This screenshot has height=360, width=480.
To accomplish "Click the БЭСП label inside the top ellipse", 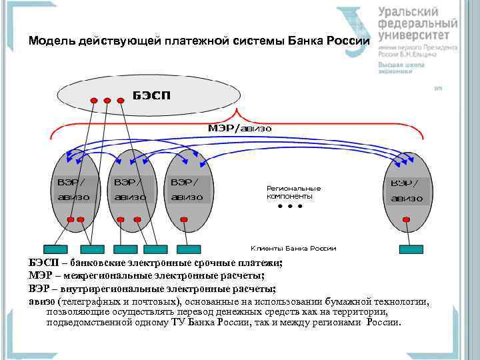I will click(x=151, y=95).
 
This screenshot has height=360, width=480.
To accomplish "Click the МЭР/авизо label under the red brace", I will click(x=239, y=127).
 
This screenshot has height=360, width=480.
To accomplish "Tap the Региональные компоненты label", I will click(x=293, y=192).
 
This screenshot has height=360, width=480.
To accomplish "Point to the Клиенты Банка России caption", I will click(x=293, y=248).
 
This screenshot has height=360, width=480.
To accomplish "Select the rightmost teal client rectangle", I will click(x=411, y=249).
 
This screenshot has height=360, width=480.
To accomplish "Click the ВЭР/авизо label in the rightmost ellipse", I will click(x=406, y=190).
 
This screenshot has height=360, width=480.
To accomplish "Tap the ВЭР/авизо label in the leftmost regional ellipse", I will click(x=74, y=189).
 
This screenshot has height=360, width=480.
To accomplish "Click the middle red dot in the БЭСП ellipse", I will click(x=107, y=101).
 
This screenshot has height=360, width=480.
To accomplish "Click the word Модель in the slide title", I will click(x=52, y=41).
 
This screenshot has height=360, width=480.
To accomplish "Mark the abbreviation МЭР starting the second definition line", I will click(x=40, y=276).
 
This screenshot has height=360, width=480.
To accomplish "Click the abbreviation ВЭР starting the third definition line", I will click(x=40, y=288).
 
